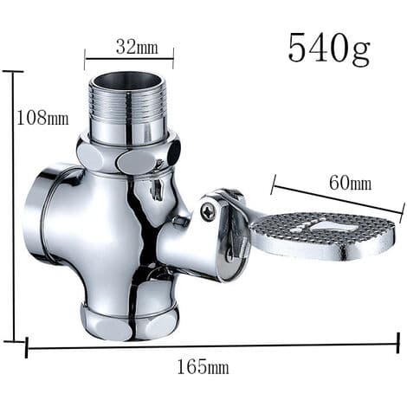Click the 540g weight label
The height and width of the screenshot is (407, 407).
[x=329, y=48]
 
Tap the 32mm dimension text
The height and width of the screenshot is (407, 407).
[x=137, y=47]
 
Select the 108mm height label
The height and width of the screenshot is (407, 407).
[x=43, y=118]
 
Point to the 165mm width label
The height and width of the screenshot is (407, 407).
[x=203, y=367]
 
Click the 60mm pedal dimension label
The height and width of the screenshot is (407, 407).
[x=350, y=183]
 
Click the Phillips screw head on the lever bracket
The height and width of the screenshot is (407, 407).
[x=209, y=210]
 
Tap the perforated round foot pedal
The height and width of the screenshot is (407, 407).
[x=322, y=236]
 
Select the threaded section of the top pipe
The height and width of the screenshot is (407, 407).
[x=128, y=102]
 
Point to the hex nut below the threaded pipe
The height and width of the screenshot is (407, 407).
[x=128, y=156]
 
